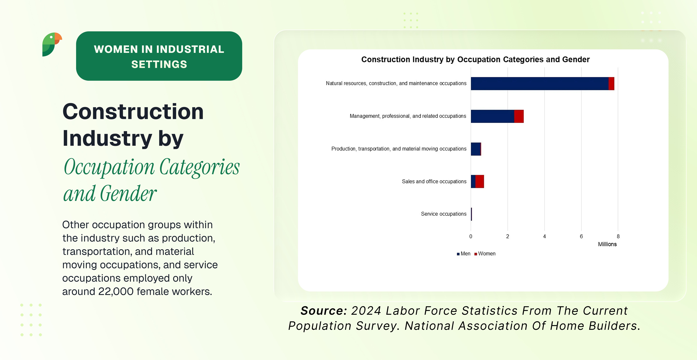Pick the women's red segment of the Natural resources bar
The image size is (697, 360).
tap(611, 84)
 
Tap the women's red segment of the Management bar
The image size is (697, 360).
tap(519, 116)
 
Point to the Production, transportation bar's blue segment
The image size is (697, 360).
tap(475, 149)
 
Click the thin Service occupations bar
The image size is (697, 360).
tap(471, 214)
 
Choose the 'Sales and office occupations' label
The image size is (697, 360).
tap(434, 181)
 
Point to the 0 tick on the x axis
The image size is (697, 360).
tap(471, 236)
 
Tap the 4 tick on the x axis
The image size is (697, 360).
tap(544, 236)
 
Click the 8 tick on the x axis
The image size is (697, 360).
tap(618, 236)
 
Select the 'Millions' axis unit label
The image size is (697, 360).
tap(607, 244)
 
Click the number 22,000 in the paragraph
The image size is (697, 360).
tap(116, 292)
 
